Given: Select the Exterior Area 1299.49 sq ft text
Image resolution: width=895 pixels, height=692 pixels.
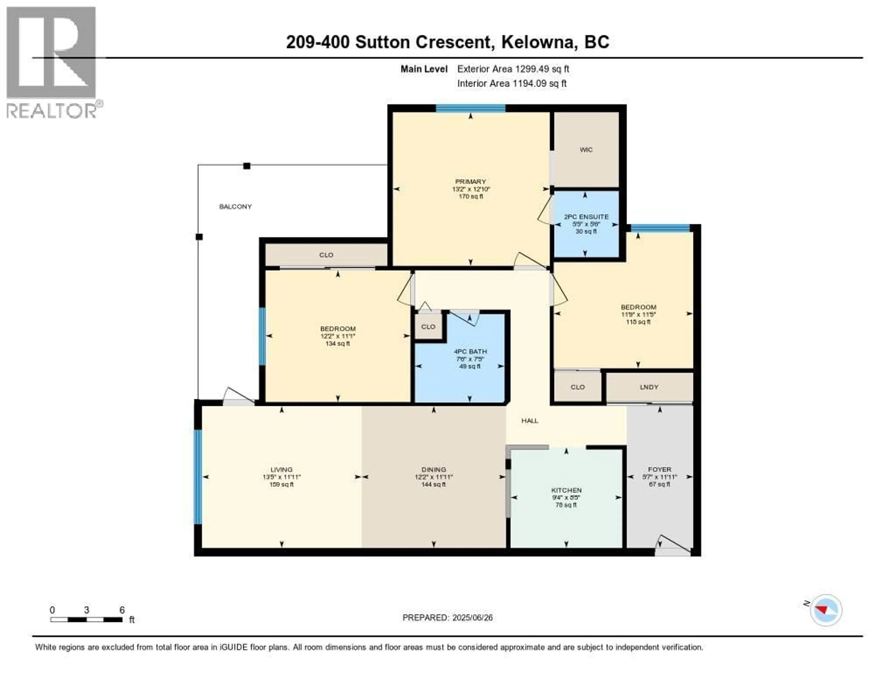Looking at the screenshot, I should pos(513,69).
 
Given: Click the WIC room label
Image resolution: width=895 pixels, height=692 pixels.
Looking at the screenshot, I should pos(586,150).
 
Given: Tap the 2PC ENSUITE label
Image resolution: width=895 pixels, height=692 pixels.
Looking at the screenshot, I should pos(586,217).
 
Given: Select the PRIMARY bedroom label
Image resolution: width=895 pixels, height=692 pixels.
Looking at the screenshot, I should pos(470,182).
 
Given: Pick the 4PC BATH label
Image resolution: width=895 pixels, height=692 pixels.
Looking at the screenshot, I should pos(470,352).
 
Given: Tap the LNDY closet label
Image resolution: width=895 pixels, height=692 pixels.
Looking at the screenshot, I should pos(649,387).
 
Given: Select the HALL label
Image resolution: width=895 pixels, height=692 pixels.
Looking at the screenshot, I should pos(530,420).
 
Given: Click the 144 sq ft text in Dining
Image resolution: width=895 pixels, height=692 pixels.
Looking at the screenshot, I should pos(434,484).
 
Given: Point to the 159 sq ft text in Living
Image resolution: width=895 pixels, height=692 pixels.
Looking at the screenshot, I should pos(282,484).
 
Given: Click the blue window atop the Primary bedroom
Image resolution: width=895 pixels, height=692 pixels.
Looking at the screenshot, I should pos(470,108).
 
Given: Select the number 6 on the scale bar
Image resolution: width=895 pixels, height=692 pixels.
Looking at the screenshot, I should pos(122,610).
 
